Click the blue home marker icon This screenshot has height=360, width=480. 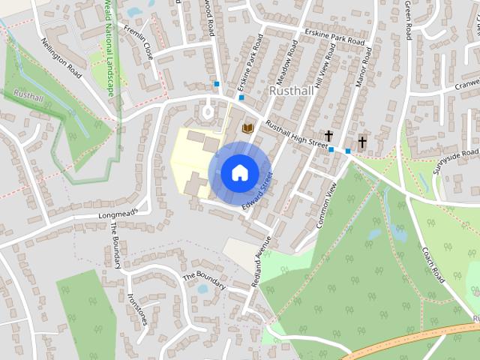point(238,172)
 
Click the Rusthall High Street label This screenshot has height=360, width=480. point(296,135)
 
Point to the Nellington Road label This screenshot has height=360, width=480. point(61,58)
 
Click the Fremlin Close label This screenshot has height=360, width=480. point(139,43)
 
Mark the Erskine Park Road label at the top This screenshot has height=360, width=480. point(334,37)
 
